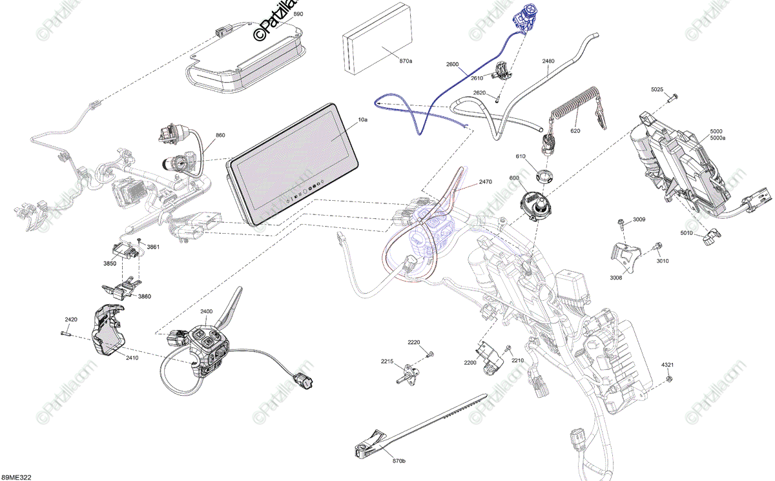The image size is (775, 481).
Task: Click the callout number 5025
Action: (x=657, y=88)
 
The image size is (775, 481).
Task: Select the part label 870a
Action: (x=406, y=61)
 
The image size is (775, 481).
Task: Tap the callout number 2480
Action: (x=548, y=61)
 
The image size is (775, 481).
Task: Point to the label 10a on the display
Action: (x=362, y=120)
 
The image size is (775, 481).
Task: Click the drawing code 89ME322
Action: (x=16, y=477)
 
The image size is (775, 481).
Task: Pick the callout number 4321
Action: (x=667, y=365)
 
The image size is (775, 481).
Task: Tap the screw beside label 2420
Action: (x=65, y=333)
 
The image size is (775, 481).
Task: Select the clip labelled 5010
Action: (x=708, y=240)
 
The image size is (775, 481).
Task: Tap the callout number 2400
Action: (x=206, y=312)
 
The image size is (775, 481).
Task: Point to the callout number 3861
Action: (x=153, y=247)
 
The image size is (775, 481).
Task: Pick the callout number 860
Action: (x=220, y=136)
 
